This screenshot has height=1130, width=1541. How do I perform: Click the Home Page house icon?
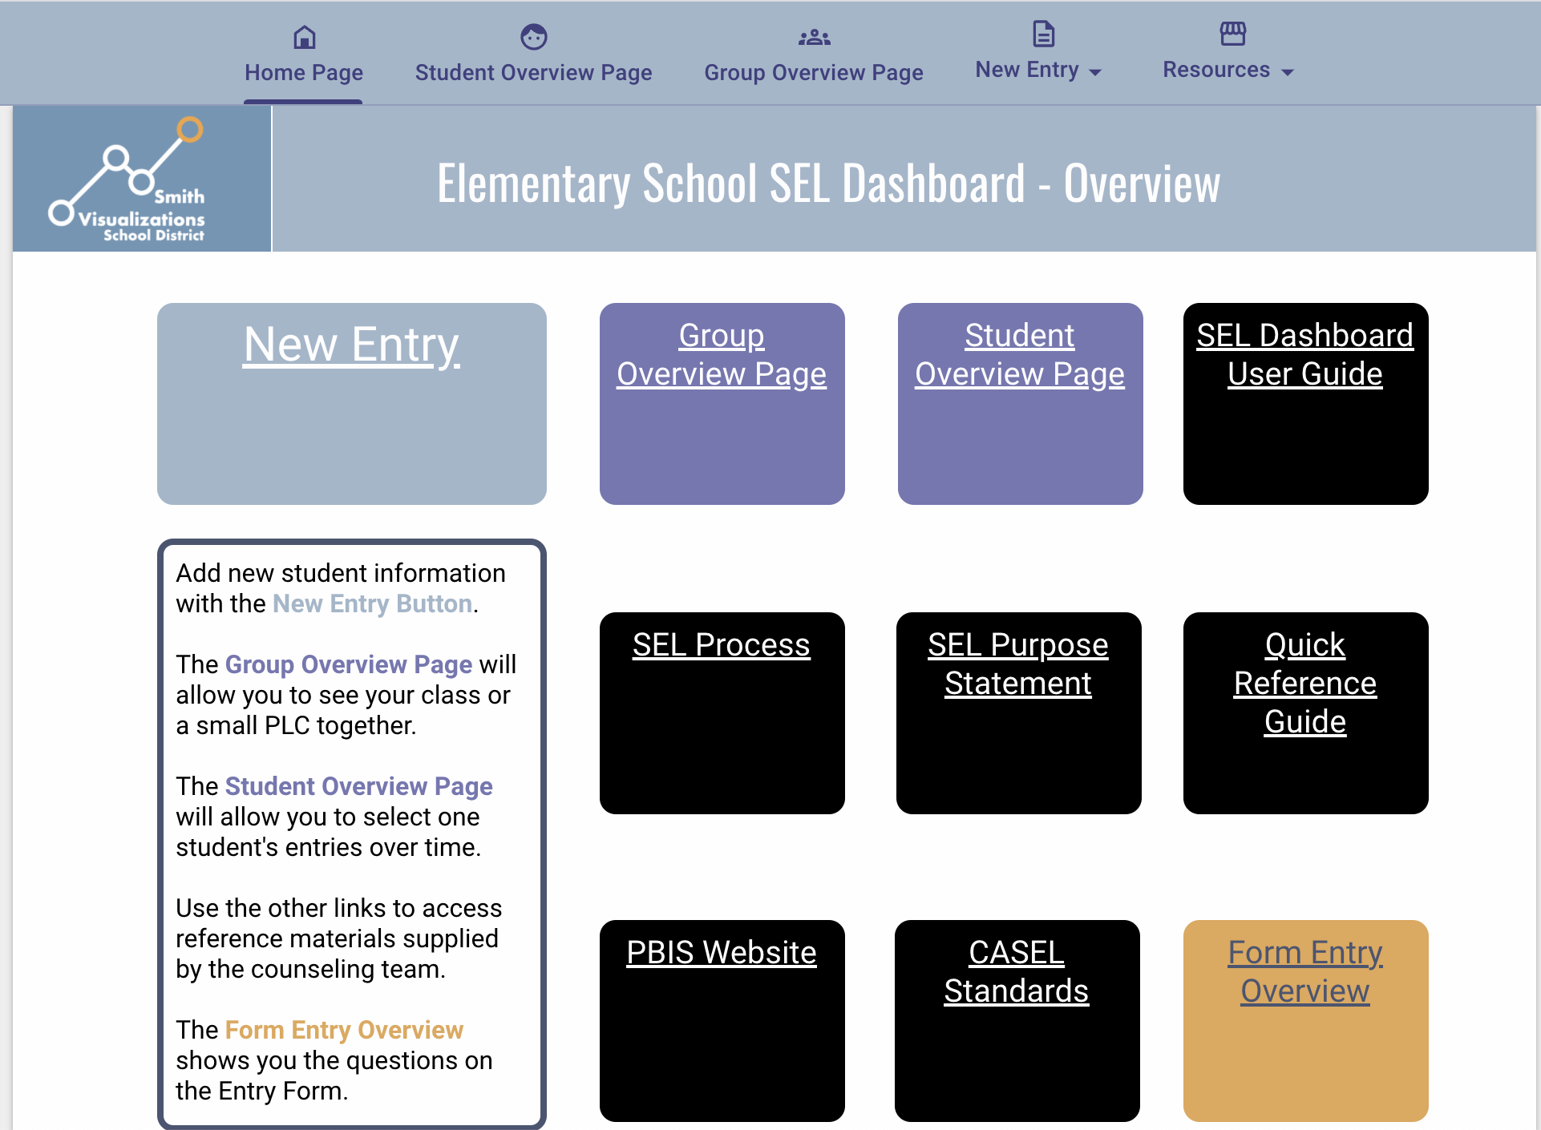(305, 37)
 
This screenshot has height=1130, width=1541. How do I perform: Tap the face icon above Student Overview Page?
(533, 37)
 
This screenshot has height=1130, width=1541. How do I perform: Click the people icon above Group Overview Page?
(814, 37)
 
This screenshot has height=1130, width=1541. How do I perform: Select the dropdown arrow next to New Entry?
(1095, 72)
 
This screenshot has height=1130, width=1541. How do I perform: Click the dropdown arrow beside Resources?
(1288, 72)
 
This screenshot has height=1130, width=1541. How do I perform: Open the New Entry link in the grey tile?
(351, 345)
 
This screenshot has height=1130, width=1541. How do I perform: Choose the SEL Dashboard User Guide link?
(1304, 354)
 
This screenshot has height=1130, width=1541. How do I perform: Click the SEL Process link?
(721, 645)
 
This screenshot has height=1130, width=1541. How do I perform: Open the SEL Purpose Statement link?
(1017, 664)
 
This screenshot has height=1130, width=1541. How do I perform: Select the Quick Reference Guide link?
(1304, 683)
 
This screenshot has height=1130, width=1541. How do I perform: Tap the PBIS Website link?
(721, 953)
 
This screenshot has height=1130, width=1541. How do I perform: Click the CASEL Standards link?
(1016, 971)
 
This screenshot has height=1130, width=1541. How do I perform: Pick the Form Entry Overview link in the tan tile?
(1304, 971)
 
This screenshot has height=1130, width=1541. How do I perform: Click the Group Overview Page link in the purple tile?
(721, 354)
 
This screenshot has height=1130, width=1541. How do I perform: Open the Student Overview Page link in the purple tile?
(1019, 354)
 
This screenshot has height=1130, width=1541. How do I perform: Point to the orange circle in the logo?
(190, 129)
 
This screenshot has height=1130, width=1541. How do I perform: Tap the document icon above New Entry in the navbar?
(1043, 34)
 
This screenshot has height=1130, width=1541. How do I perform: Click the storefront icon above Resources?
(1232, 34)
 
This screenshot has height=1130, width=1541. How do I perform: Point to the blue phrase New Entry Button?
(372, 603)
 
